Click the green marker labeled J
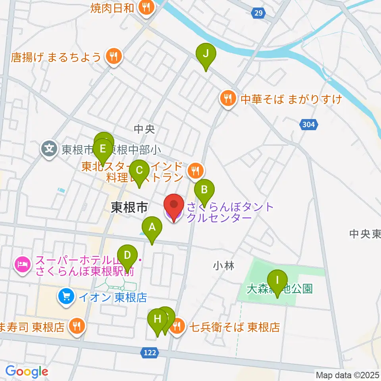click(206, 54)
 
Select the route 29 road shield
click(258, 13)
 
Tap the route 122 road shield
click(150, 352)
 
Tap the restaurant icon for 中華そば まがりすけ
click(228, 98)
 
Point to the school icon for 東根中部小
click(49, 150)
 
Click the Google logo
click(27, 371)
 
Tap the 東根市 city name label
click(129, 207)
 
